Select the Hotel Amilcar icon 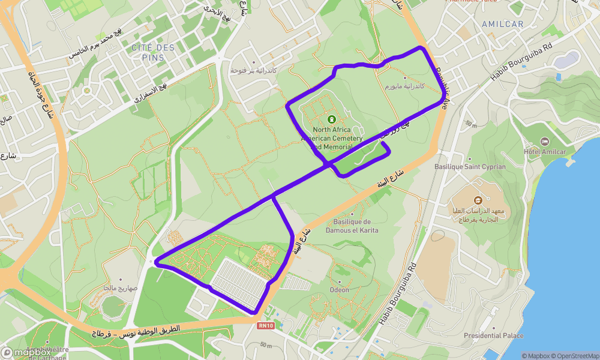pyautogui.click(x=544, y=141)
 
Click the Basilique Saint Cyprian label pyautogui.click(x=470, y=167)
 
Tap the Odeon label pyautogui.click(x=339, y=290)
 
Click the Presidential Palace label pyautogui.click(x=493, y=336)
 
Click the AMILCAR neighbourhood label pyautogui.click(x=502, y=24)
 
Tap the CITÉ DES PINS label pyautogui.click(x=153, y=52)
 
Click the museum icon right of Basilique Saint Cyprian pyautogui.click(x=478, y=200)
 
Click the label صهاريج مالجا pyautogui.click(x=120, y=288)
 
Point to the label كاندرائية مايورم pyautogui.click(x=404, y=86)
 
